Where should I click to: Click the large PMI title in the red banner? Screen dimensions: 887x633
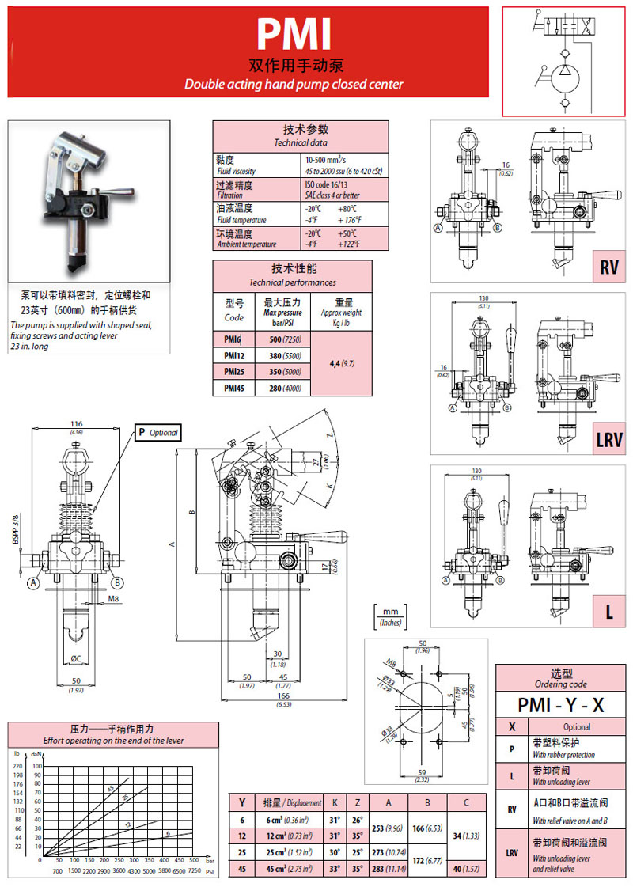(x=294, y=36)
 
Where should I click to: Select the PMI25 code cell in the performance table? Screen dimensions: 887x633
(x=233, y=371)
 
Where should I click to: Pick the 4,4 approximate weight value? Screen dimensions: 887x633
(x=341, y=364)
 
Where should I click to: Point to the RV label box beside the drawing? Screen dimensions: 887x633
(x=608, y=267)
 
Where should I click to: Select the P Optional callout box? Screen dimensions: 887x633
(x=157, y=433)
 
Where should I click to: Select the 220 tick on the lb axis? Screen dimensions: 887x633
(x=16, y=766)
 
